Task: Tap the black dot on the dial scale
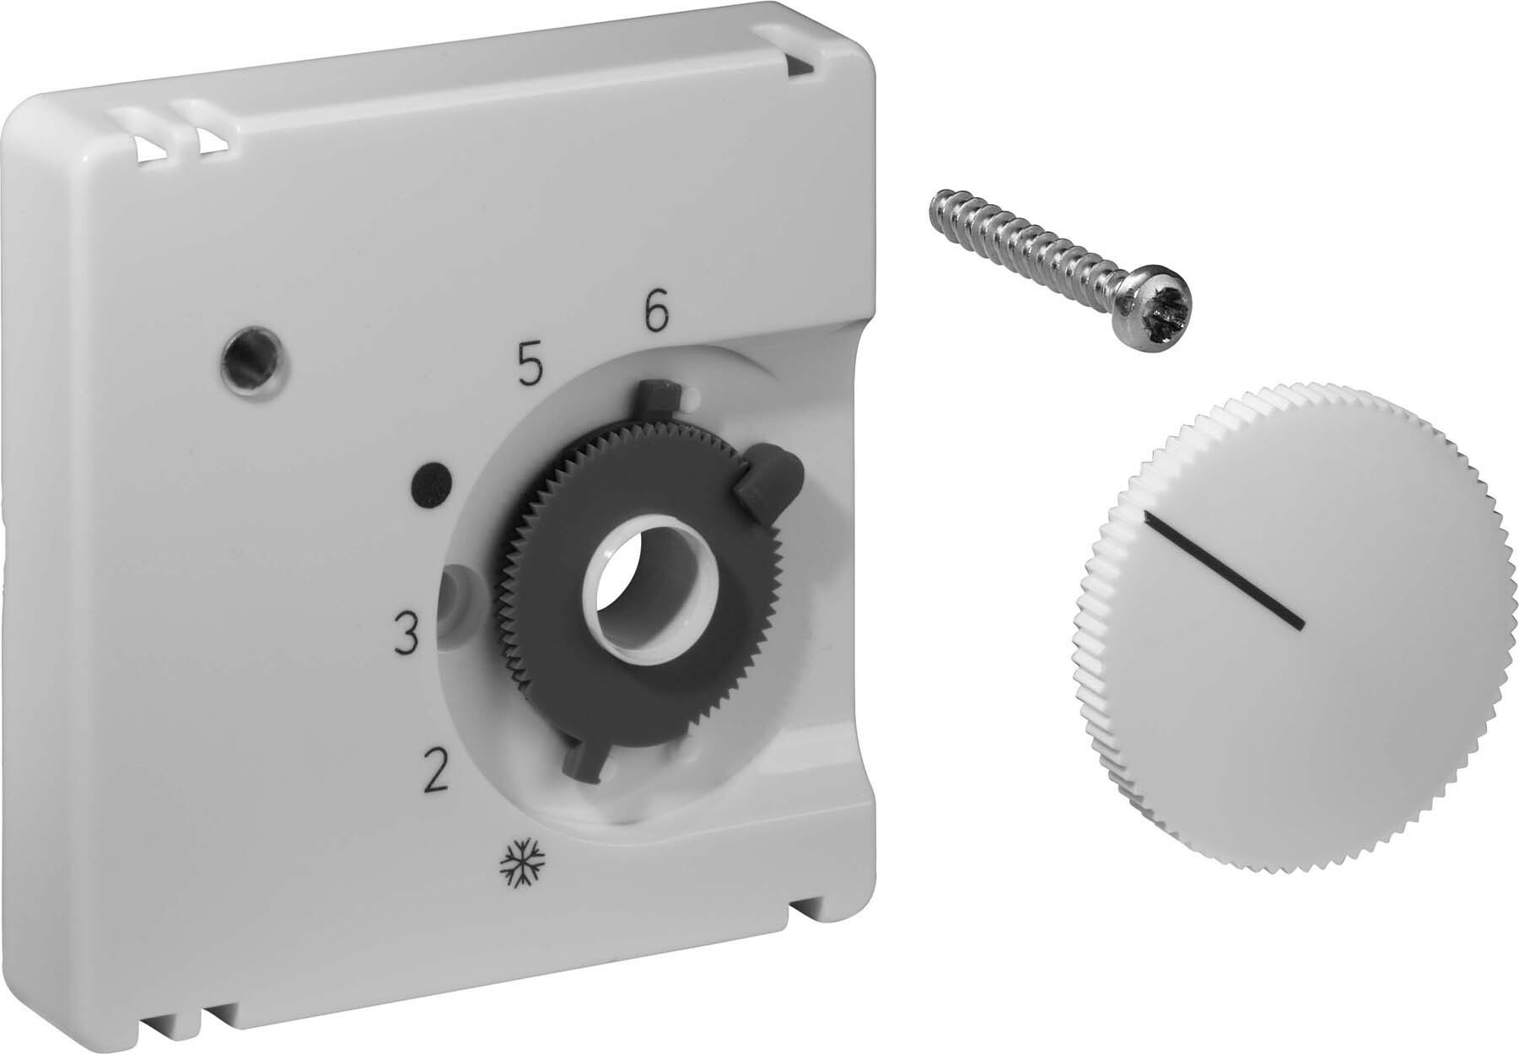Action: click(432, 486)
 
